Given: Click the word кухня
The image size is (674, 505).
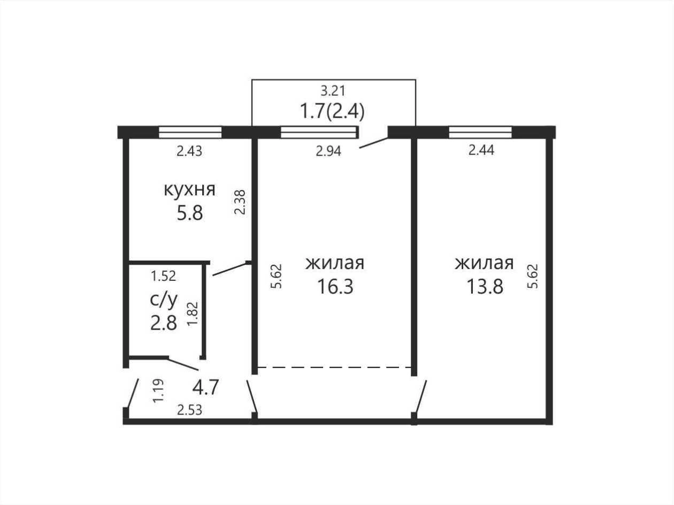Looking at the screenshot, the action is pyautogui.click(x=189, y=190).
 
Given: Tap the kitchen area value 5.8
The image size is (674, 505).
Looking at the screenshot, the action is pyautogui.click(x=189, y=213).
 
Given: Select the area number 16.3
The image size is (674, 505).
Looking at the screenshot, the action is pyautogui.click(x=335, y=286).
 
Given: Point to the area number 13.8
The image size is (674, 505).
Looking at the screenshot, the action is pyautogui.click(x=485, y=286).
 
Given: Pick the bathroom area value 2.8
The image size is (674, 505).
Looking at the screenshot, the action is pyautogui.click(x=164, y=323).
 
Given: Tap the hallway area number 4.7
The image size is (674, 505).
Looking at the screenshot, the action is pyautogui.click(x=205, y=387).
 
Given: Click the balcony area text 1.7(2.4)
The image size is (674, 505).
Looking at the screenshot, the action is pyautogui.click(x=332, y=111).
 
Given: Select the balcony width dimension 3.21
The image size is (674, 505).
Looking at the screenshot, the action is pyautogui.click(x=333, y=91).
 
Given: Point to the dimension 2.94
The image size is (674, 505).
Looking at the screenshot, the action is pyautogui.click(x=328, y=151).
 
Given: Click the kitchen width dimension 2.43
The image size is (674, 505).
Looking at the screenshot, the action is pyautogui.click(x=189, y=151).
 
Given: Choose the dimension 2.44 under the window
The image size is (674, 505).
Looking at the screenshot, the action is pyautogui.click(x=481, y=150).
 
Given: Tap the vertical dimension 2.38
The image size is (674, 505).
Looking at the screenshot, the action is pyautogui.click(x=240, y=202).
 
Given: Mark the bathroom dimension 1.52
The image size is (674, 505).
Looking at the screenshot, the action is pyautogui.click(x=163, y=276).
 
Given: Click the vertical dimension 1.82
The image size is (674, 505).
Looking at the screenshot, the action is pyautogui.click(x=193, y=313).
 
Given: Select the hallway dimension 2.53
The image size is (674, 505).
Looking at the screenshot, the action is pyautogui.click(x=189, y=410).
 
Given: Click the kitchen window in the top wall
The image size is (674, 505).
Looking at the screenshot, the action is pyautogui.click(x=190, y=132).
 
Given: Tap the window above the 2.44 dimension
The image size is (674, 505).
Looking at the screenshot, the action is pyautogui.click(x=480, y=132).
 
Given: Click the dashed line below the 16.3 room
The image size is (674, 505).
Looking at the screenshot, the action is pyautogui.click(x=334, y=367).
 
